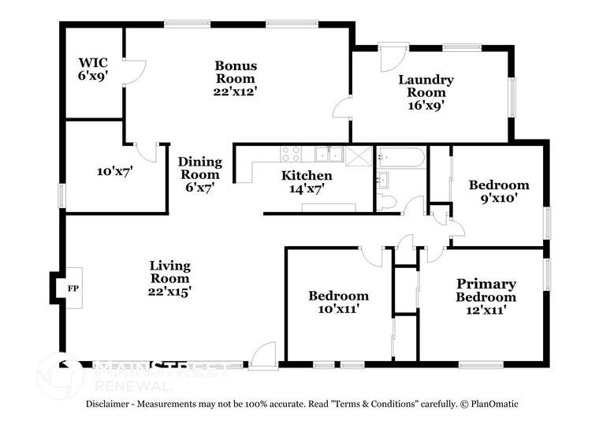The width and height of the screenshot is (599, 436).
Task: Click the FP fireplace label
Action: click(73, 289)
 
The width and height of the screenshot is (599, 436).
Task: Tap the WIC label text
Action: click(93, 62)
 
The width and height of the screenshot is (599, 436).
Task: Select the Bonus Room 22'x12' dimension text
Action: click(235, 91)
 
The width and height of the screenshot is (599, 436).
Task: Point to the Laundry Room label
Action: click(426, 86)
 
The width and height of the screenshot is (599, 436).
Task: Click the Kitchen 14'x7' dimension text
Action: click(307, 188)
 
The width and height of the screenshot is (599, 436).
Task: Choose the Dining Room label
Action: click(199, 168)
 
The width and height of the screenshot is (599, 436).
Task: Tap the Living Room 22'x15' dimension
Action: click(169, 292)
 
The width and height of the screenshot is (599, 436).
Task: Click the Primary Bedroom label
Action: click(486, 290)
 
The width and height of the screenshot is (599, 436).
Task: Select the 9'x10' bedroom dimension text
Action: click(499, 199)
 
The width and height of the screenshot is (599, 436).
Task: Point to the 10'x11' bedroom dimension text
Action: click(338, 309)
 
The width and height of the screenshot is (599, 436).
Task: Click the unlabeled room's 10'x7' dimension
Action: click(114, 172)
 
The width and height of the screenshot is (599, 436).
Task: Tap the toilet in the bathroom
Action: click(387, 201)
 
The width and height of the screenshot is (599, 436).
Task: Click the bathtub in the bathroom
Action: click(400, 157)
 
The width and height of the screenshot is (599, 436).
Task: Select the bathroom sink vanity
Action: click(383, 180)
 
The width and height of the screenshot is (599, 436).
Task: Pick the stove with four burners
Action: click(291, 154)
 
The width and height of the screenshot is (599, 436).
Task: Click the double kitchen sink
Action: click(329, 154)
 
